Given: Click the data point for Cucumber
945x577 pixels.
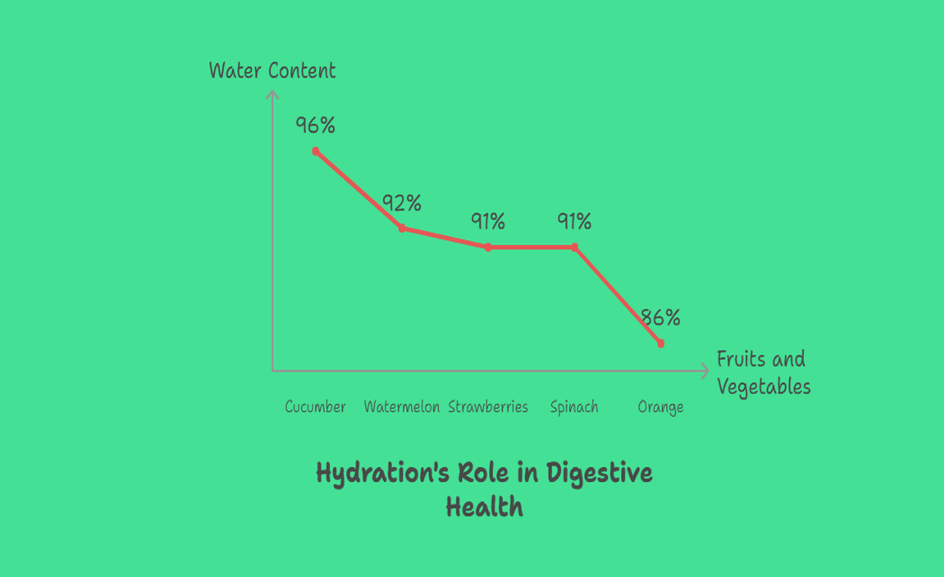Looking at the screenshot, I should (316, 152).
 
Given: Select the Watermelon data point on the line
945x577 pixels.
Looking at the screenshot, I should (402, 228).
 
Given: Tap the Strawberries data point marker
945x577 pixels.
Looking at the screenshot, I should (488, 247).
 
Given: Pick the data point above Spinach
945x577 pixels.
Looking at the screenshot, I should (574, 247).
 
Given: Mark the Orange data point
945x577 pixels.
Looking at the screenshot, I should (660, 343).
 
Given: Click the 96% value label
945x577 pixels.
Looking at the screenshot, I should (316, 125).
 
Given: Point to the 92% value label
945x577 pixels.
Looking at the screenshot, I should (402, 202).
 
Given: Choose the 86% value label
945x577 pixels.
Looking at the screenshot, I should (660, 317).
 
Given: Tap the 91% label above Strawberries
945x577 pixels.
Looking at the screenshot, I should (487, 221).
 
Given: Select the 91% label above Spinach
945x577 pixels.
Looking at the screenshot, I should (574, 221).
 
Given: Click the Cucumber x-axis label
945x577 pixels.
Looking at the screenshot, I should (316, 407).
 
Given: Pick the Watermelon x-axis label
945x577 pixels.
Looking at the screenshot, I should (402, 407).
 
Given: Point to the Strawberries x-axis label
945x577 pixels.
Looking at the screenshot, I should (488, 407).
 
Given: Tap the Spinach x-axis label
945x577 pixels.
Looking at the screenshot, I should (574, 407).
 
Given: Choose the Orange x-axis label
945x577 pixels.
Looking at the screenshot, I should (660, 407).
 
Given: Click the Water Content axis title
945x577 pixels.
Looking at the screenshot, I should (272, 70).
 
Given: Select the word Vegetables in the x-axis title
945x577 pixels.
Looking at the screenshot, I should (764, 386).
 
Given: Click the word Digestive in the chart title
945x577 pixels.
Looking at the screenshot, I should (600, 473).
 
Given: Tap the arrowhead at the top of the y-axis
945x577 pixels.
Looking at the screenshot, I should (272, 95).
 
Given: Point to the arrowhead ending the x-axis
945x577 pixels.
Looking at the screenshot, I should (705, 371).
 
